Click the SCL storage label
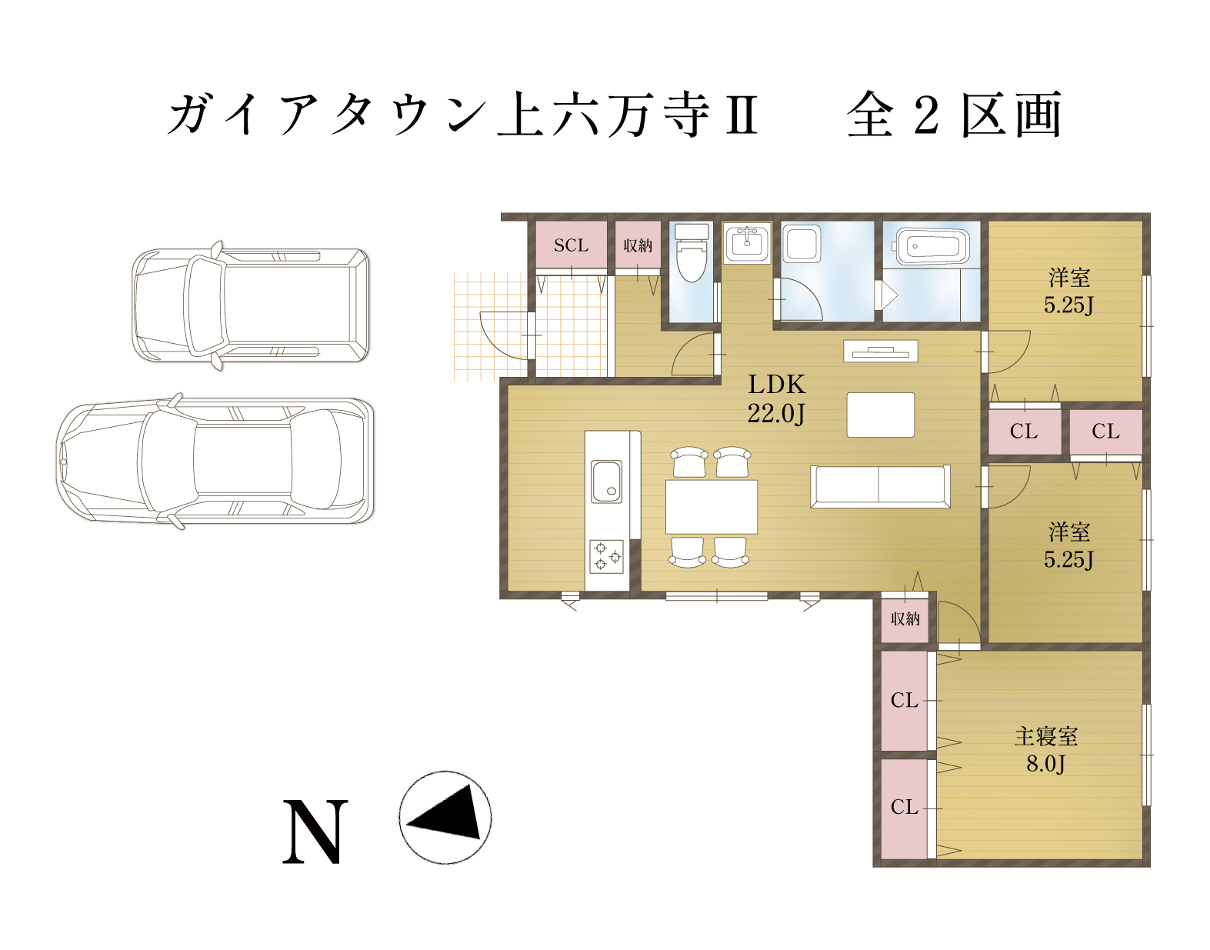coord(571,245)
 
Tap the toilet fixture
coord(691,253)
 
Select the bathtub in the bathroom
coord(932,245)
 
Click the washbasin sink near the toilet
coord(747,243)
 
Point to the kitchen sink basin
coord(606,482)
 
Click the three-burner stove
coord(606,556)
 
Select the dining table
coord(711,507)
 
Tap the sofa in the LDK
coord(880,486)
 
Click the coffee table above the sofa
coord(880,415)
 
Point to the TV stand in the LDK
coord(880,352)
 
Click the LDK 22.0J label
coord(776,398)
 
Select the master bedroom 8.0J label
coord(1045,749)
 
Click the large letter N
coord(315,832)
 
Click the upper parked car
coord(251,305)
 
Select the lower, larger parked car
coord(215,461)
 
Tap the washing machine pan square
coord(802,244)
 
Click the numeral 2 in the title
coord(926,115)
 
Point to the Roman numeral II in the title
coord(742,115)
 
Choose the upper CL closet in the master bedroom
coord(905,700)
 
